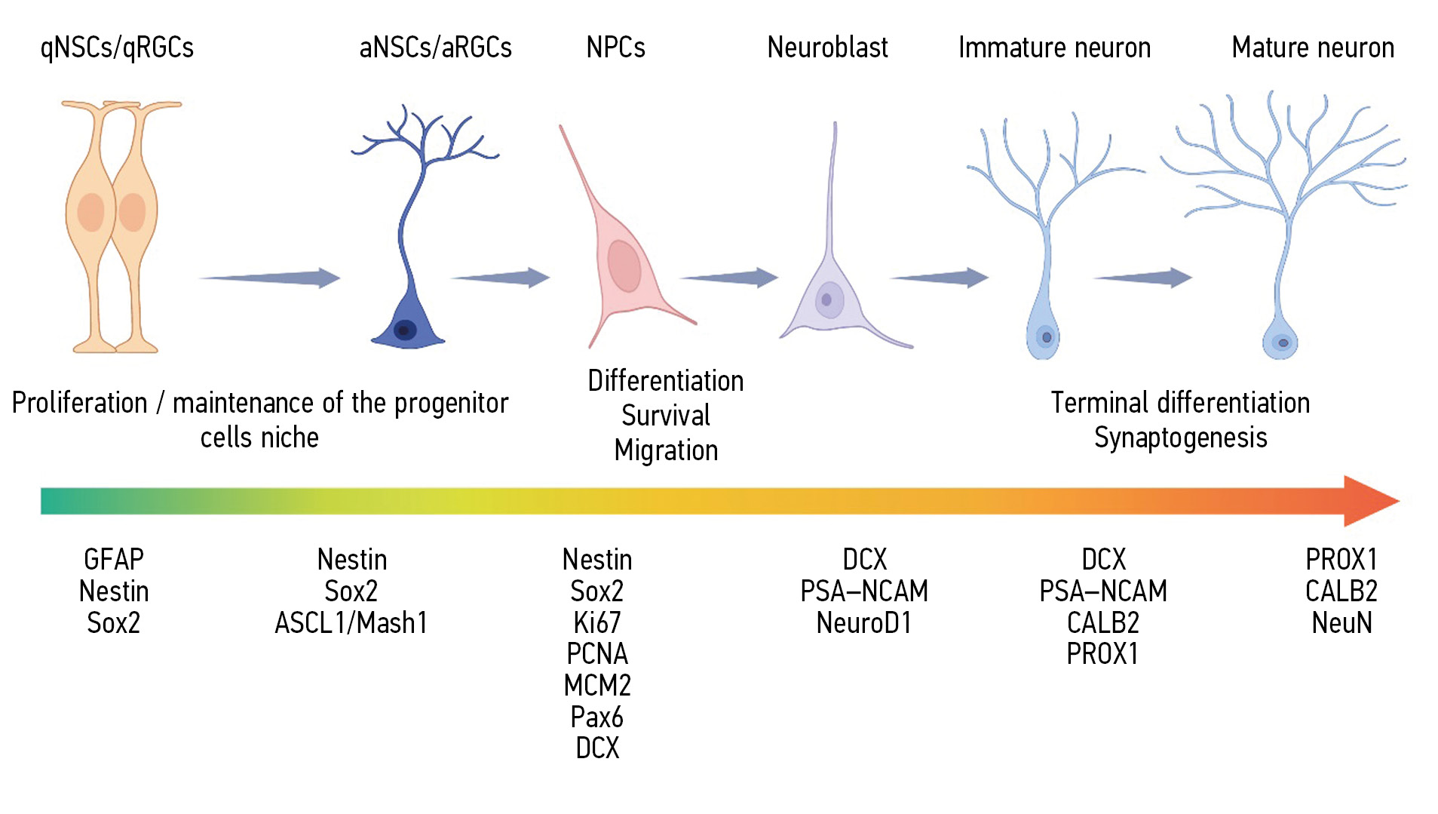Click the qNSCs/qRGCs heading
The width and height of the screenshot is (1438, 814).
117,48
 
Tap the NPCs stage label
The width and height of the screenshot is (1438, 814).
615,48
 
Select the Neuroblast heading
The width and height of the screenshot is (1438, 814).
827,48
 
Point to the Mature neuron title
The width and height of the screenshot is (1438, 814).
1312,48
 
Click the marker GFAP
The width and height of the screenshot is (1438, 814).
114,560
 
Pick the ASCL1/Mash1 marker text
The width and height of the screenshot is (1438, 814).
351,623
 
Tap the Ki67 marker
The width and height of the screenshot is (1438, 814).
596,623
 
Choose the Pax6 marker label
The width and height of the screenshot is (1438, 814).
596,717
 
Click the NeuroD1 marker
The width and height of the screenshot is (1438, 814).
863,623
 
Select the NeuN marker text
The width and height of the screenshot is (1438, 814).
1341,623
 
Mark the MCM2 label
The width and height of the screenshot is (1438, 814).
596,685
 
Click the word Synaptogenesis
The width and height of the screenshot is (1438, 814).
1180,438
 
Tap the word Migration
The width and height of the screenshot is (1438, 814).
666,450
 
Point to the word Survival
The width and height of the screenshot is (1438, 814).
666,416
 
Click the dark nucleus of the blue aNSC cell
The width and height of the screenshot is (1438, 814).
405,330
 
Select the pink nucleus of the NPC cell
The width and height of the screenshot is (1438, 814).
624,266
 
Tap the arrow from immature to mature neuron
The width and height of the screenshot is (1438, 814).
1143,278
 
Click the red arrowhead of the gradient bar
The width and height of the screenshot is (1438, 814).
1369,501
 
